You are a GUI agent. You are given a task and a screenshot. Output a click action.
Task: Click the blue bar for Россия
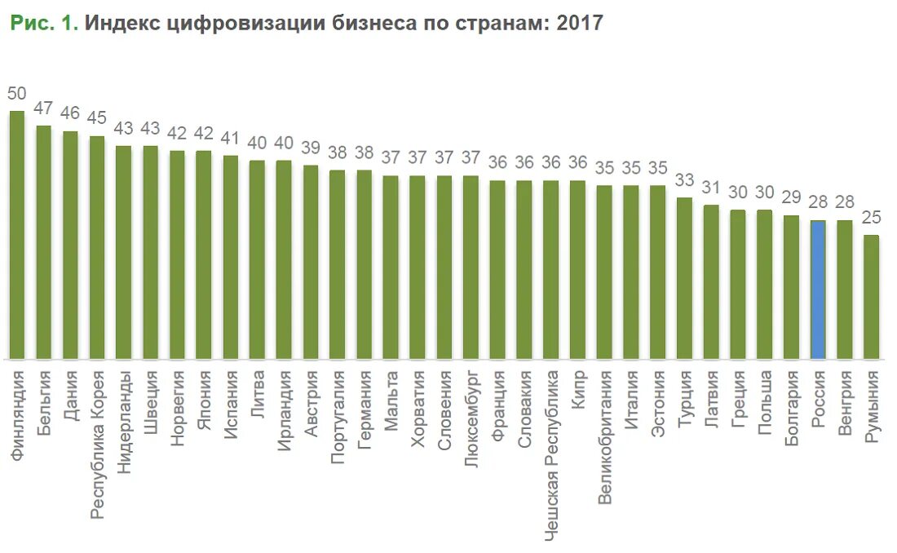(818, 290)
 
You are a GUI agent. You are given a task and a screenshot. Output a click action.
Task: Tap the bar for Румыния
(872, 297)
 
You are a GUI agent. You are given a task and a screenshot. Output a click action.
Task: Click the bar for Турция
(684, 278)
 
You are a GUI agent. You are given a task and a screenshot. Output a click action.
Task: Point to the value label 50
(16, 93)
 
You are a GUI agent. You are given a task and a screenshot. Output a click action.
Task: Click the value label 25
(872, 218)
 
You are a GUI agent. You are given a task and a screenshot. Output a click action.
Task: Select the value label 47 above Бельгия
(43, 108)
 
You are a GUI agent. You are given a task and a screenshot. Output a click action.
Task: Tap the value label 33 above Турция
(684, 180)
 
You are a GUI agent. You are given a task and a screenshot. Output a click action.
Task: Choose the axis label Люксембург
(471, 407)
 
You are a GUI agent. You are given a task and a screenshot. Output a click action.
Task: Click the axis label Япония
(204, 393)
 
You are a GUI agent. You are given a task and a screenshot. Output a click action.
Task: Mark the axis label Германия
(364, 402)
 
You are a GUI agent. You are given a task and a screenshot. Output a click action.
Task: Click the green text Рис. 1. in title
(44, 23)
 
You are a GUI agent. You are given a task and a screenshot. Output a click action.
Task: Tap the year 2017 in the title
(579, 23)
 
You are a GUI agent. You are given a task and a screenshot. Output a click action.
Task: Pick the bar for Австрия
(311, 262)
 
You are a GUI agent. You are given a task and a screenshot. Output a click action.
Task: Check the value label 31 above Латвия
(711, 188)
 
